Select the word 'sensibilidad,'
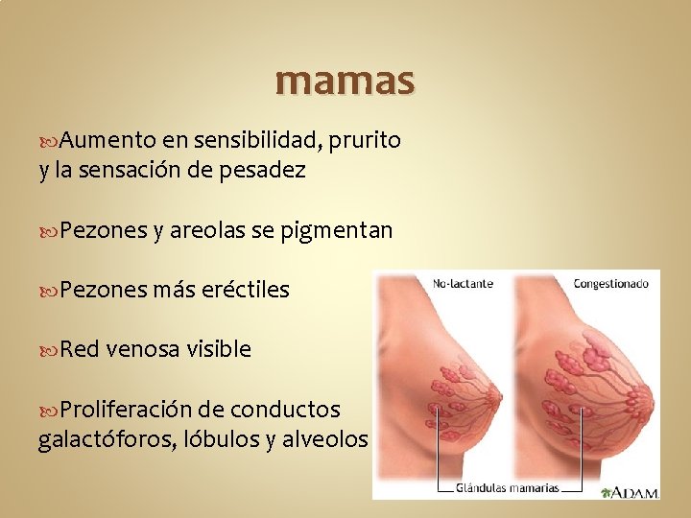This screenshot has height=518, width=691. tap(258, 141)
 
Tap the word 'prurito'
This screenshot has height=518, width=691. tap(365, 141)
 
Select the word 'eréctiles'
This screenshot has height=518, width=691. tap(246, 290)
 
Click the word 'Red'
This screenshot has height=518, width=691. tap(80, 349)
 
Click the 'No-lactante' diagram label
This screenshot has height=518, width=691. tap(464, 284)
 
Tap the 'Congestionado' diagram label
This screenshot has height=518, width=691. tap(611, 284)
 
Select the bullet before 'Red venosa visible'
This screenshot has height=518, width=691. tap(50, 350)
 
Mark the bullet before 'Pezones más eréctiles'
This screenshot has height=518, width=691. tap(50, 291)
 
